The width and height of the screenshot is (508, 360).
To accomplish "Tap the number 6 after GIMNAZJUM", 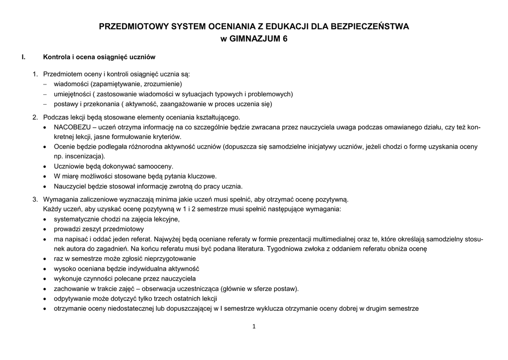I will point(285,39).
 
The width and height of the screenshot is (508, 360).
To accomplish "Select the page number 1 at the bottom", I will point(254,326).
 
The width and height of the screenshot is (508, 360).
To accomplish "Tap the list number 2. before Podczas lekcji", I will point(35,118).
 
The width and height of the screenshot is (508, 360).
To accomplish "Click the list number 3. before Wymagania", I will point(35,200).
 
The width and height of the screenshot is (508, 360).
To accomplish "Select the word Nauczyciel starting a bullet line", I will point(70,187).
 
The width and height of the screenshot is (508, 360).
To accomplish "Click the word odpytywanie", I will point(72,298).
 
